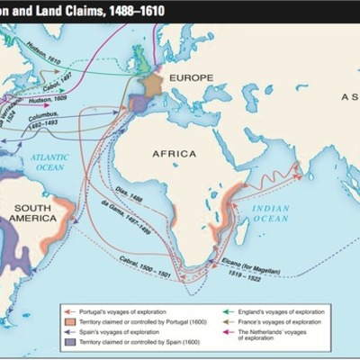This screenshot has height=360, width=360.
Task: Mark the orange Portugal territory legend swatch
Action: [x=57, y=322]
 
